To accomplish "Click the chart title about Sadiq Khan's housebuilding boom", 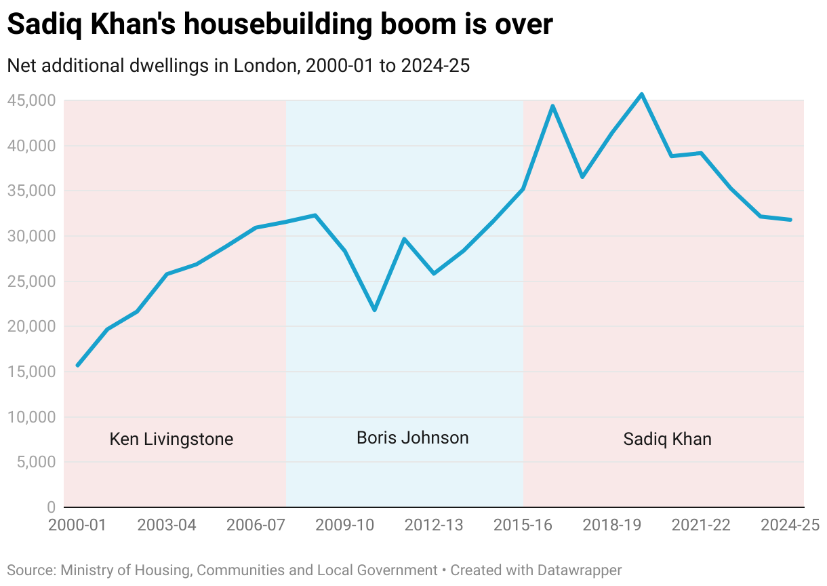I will (x=279, y=25).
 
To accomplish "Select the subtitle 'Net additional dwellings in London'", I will (x=238, y=66).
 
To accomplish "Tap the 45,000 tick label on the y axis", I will (x=31, y=100).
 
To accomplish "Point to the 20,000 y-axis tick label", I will (x=31, y=326).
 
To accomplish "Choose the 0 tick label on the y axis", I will (x=52, y=507).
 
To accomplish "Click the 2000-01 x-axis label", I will (x=78, y=526).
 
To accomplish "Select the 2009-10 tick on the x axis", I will (x=345, y=526).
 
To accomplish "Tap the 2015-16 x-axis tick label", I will (x=523, y=526).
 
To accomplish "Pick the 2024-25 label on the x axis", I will (x=790, y=526).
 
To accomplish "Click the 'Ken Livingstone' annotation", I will (x=172, y=439).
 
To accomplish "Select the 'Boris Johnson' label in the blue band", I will (x=412, y=437).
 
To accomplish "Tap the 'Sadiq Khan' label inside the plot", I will (x=667, y=439).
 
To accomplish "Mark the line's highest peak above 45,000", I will (x=641, y=94).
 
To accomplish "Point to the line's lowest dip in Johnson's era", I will (x=374, y=310).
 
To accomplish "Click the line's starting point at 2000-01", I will (x=78, y=366).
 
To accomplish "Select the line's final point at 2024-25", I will (x=790, y=220).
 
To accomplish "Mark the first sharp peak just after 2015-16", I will (x=552, y=106).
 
